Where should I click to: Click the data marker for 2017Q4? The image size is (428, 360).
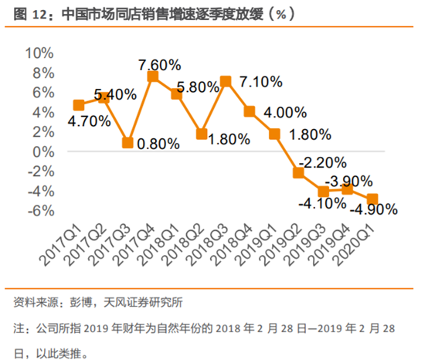[x=153, y=76]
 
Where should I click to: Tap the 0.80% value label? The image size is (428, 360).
[x=158, y=143]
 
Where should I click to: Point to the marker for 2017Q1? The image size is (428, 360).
[x=79, y=105]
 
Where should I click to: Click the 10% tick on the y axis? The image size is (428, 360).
[x=39, y=53]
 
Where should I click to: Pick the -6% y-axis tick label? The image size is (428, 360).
[x=40, y=210]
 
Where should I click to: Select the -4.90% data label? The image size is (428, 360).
[x=375, y=209]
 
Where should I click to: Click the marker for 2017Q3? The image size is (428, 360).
[x=128, y=142]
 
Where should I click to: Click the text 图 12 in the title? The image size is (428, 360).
[x=31, y=14]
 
